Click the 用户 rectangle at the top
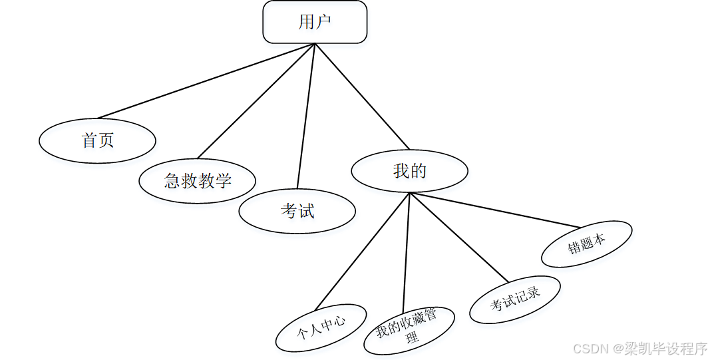[315, 22]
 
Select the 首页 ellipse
[98, 140]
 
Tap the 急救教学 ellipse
[198, 180]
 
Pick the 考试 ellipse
[297, 211]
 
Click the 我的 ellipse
[409, 171]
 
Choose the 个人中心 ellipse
[321, 327]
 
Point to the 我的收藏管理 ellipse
[409, 330]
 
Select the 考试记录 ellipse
[515, 299]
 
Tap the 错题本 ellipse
[586, 244]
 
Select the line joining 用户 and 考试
[306, 116]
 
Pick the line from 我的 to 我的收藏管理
[407, 250]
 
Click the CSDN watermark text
[591, 349]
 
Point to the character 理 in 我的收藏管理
[413, 337]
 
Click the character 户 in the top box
[323, 22]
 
